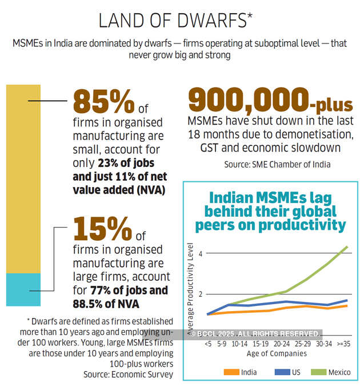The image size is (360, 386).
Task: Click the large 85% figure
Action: (x=103, y=101)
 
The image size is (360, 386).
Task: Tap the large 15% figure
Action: (x=103, y=229)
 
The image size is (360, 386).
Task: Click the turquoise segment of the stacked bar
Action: (x=23, y=289)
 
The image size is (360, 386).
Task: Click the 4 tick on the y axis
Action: (x=201, y=253)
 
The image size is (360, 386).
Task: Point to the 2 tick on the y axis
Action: (x=201, y=295)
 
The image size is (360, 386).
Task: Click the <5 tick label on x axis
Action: (x=208, y=344)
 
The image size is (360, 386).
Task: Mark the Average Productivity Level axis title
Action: (x=191, y=286)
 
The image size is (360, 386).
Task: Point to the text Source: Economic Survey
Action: (x=127, y=374)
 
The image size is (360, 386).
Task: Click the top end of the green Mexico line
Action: (x=347, y=247)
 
